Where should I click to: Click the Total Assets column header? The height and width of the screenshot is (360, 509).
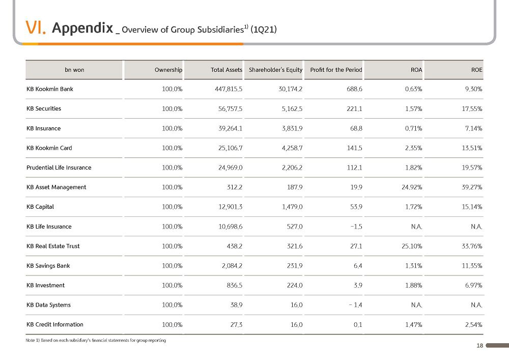point(227,70)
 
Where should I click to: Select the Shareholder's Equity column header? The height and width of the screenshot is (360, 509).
point(275,70)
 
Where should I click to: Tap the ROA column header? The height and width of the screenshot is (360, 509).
point(416,70)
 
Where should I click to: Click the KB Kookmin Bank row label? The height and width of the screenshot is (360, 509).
point(50,89)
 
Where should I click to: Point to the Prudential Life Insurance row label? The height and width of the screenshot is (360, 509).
point(59,168)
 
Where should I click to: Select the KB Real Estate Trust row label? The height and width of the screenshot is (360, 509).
point(53,246)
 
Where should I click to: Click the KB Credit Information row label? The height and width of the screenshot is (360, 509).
point(55,324)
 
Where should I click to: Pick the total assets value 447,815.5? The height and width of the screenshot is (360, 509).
point(229,89)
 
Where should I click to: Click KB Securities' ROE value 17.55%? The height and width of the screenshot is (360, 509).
point(472,109)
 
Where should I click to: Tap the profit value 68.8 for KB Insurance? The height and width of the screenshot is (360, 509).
point(356,128)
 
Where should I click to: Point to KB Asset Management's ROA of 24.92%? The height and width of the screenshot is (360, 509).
point(412,187)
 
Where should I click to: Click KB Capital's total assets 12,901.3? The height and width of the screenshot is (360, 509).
point(231,207)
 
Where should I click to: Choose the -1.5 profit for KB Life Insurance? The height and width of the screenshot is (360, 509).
point(356,227)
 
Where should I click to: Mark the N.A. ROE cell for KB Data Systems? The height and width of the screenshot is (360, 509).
point(476,305)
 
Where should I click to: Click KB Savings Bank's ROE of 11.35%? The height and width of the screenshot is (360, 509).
point(472,265)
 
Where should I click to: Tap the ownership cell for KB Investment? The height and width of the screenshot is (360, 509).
point(172,285)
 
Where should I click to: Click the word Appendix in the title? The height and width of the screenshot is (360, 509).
point(82,28)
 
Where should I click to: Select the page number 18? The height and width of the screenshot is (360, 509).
point(480,346)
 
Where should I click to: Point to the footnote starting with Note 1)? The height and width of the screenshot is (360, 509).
point(96,340)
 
